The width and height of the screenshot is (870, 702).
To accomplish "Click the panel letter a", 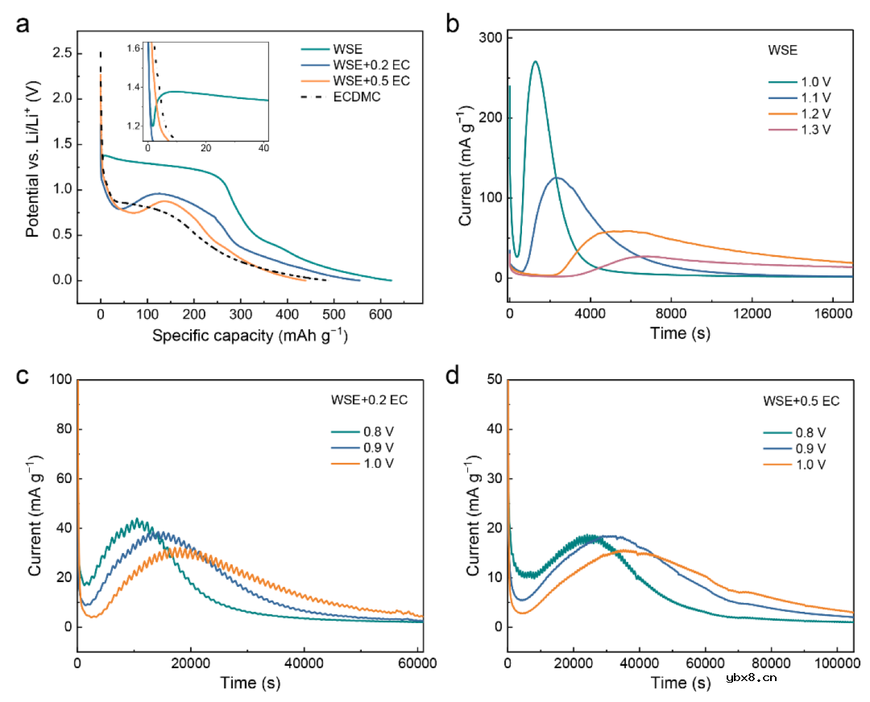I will coord(24,24).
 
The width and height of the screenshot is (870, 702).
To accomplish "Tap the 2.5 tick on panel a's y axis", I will coord(61,53).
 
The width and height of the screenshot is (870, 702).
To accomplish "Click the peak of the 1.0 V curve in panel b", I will coord(535,61).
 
